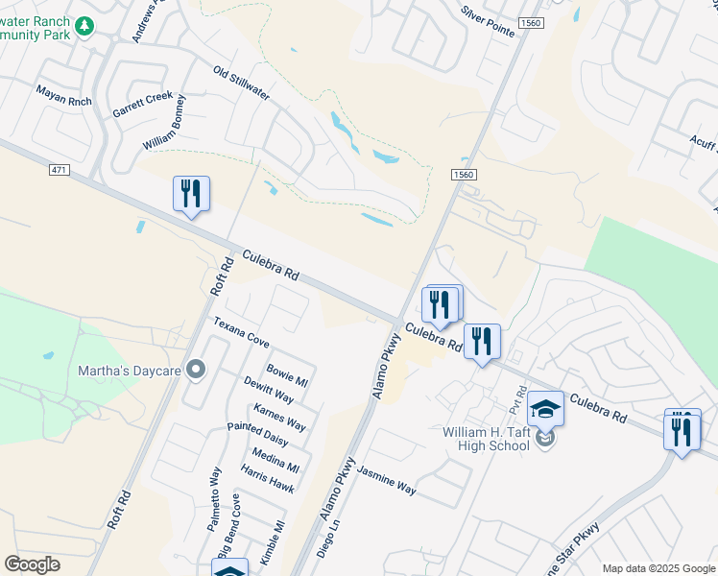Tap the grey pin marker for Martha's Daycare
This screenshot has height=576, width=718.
click(x=197, y=370)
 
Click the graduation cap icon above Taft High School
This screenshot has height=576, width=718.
click(x=546, y=409)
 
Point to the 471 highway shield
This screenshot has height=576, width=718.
click(x=60, y=170)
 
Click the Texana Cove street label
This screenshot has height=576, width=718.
click(x=241, y=333)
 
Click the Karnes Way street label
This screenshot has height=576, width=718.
click(x=279, y=417)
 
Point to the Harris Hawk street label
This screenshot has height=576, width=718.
click(x=268, y=479)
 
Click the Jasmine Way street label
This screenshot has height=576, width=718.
click(x=387, y=480)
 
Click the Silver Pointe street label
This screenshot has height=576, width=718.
click(x=488, y=23)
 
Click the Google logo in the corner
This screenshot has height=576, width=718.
click(x=32, y=564)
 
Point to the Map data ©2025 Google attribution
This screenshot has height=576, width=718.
click(x=658, y=568)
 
